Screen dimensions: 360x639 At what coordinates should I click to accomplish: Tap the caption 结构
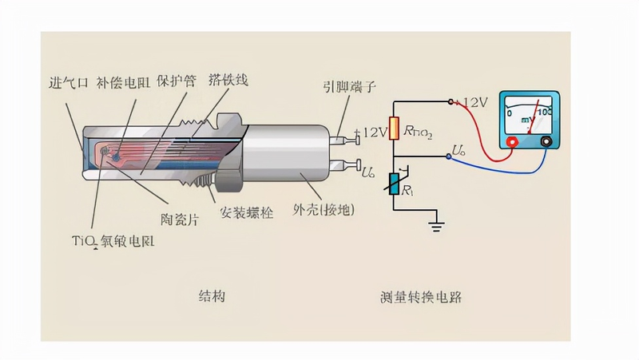(211, 296)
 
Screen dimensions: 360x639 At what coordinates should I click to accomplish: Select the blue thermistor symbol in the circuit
(394, 184)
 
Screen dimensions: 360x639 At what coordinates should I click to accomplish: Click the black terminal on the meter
(546, 141)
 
